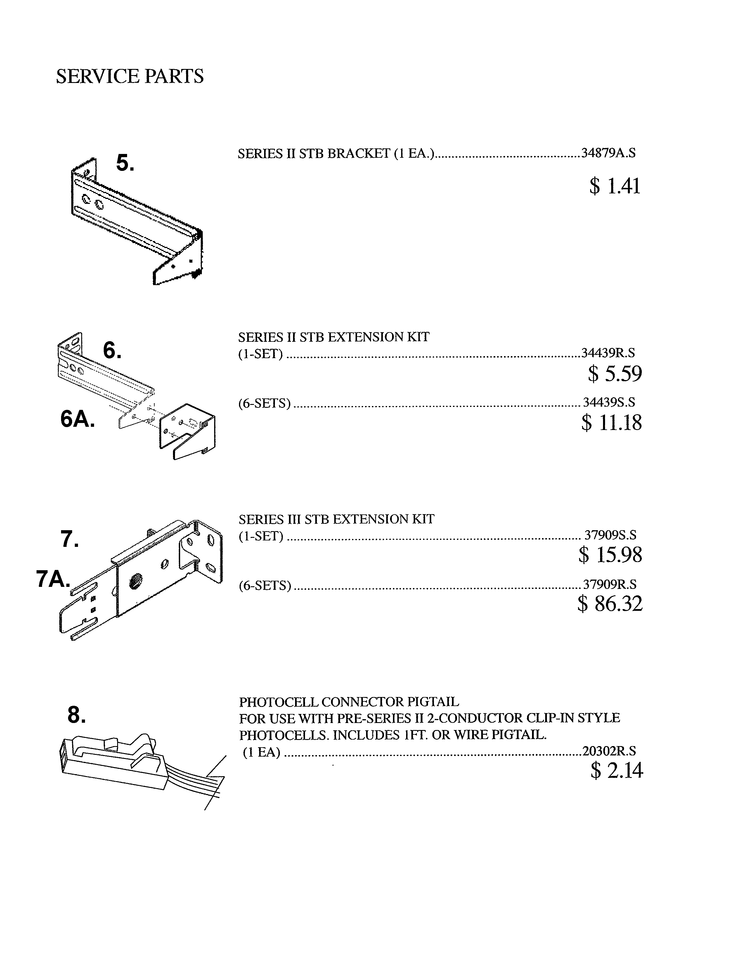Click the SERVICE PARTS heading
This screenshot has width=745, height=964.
click(x=129, y=76)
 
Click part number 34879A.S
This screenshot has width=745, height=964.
click(x=608, y=153)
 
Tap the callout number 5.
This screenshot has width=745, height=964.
click(x=125, y=163)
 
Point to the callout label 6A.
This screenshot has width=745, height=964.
click(x=78, y=419)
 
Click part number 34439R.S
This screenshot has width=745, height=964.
click(x=608, y=353)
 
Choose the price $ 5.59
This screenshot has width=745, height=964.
click(x=614, y=374)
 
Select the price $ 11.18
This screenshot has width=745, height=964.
click(x=611, y=422)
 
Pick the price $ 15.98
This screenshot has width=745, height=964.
click(x=610, y=555)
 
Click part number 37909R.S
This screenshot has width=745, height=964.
click(x=609, y=585)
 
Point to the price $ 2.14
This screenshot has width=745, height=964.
click(x=616, y=770)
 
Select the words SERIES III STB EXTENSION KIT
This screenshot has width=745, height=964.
click(x=336, y=519)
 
